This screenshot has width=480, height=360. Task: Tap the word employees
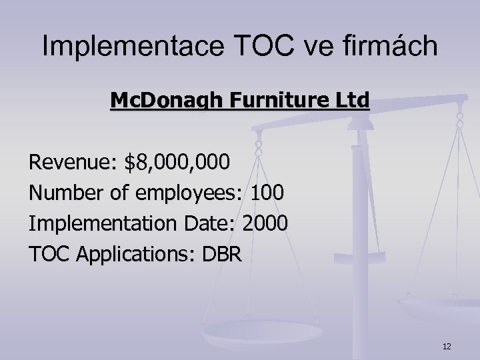tap(190, 193)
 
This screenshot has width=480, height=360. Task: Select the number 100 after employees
tap(268, 193)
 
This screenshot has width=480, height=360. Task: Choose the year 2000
tap(265, 224)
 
